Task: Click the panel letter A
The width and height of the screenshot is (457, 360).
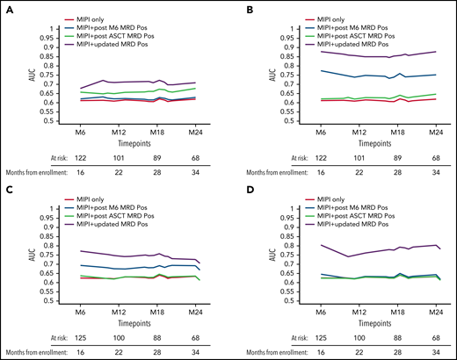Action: point(11,9)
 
